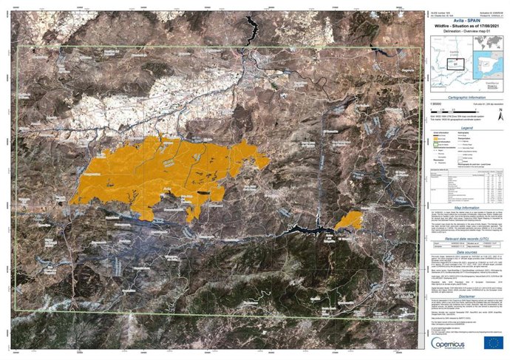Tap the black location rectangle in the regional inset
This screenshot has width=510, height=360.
pos(458,63)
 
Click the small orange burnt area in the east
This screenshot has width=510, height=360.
pos(348,221)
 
